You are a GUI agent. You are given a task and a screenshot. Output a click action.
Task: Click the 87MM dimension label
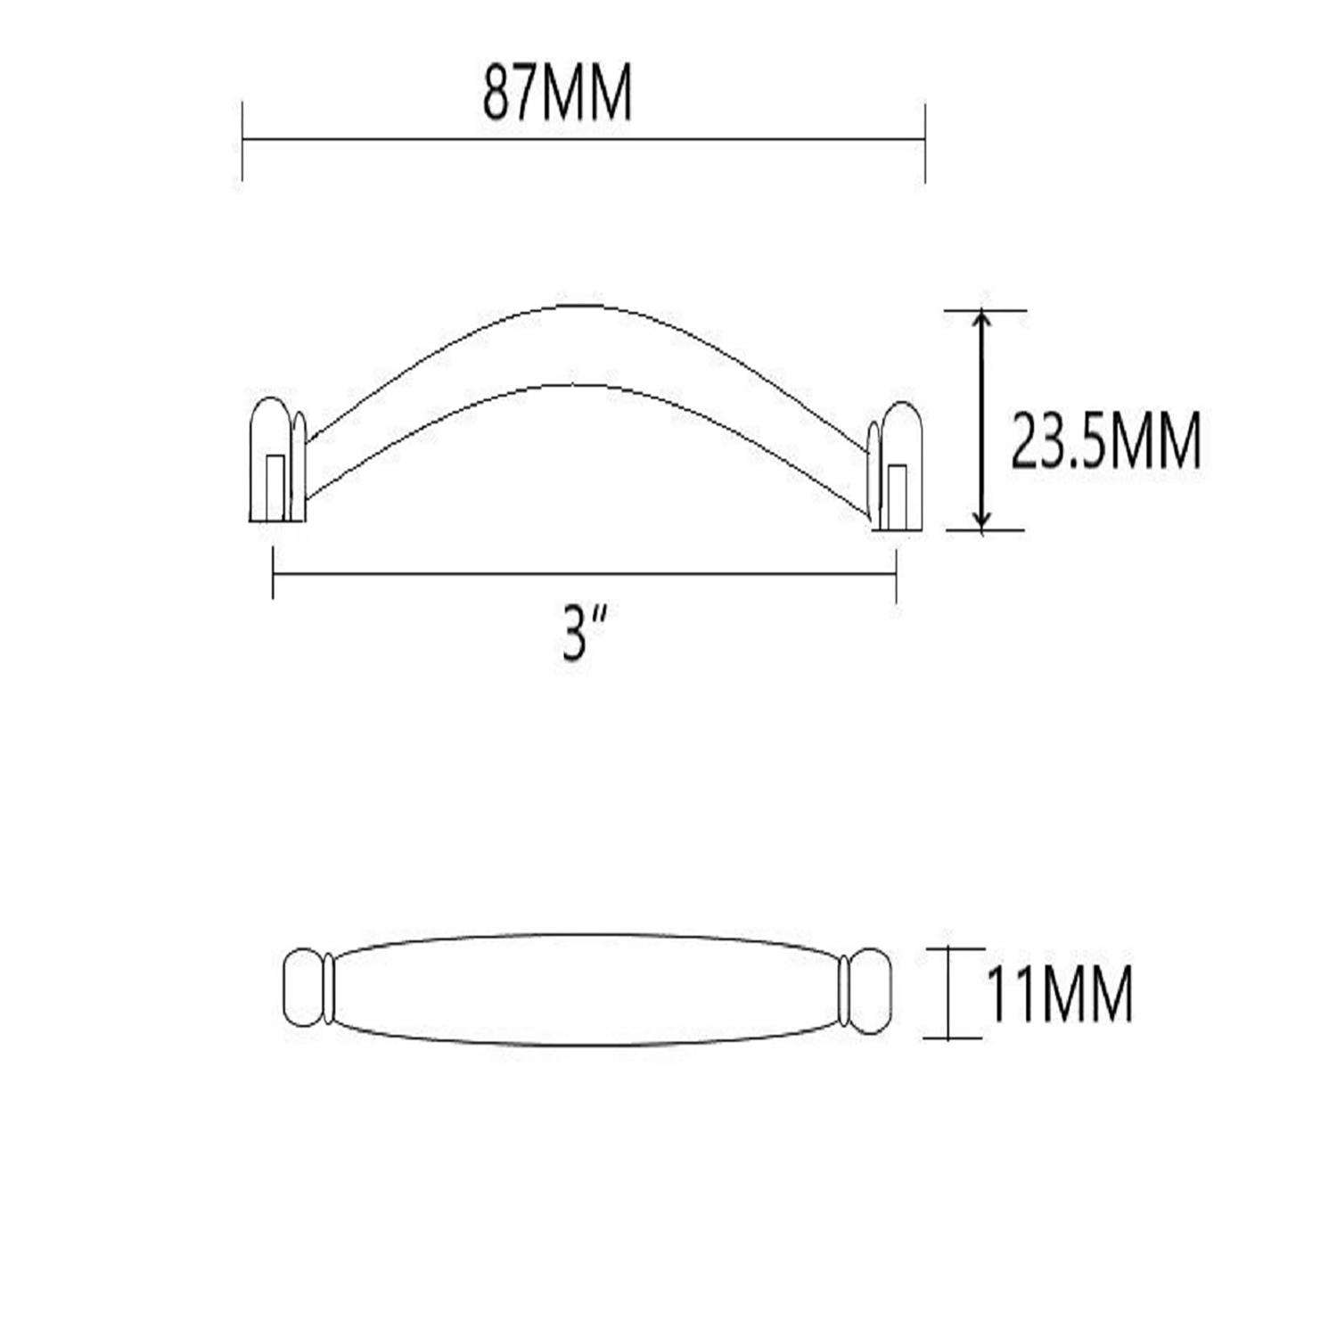pos(557,94)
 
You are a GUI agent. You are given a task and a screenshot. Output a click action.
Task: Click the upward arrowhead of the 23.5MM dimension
pos(981,318)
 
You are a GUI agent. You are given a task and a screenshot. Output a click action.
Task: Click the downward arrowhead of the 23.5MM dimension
pos(981,523)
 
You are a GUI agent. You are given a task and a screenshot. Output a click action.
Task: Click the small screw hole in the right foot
pos(898,496)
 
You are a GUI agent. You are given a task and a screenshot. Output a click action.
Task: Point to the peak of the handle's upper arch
pos(571,306)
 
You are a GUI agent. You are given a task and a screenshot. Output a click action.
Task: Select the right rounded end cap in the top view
pos(867,990)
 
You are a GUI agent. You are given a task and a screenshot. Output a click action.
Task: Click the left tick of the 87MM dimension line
pos(242,140)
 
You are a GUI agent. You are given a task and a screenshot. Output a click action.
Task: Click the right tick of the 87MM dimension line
pos(925,140)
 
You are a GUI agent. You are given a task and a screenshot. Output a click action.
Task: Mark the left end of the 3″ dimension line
pos(273,574)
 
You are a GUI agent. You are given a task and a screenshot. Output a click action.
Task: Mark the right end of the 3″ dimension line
pos(896,574)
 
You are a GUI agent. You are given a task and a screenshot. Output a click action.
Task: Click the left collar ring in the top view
pos(330,990)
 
